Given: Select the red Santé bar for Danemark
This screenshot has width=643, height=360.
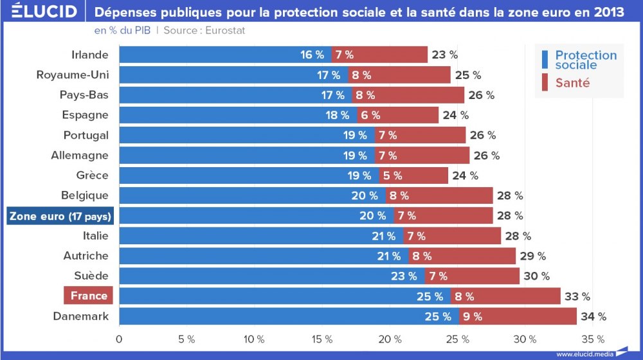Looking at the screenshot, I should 518,316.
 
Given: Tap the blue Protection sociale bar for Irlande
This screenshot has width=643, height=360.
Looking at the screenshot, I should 225,55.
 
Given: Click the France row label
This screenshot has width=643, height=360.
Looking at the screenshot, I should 89,296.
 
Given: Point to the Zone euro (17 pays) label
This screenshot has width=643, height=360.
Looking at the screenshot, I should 60,216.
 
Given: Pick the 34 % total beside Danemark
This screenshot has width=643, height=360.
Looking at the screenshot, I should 593,316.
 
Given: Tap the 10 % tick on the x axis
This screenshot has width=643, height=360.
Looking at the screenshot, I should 255,339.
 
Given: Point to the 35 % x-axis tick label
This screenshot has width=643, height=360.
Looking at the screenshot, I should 593,339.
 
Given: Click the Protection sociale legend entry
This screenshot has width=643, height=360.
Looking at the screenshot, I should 585,60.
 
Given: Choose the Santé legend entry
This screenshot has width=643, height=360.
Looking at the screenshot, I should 572,84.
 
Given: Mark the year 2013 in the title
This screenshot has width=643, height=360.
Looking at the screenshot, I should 608,12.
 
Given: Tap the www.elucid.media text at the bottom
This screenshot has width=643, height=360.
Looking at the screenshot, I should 584,354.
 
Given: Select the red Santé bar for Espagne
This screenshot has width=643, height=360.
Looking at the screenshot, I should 397,115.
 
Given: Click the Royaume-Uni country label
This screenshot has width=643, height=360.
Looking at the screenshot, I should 73,75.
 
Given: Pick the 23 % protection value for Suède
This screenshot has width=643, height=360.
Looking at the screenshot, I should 404,276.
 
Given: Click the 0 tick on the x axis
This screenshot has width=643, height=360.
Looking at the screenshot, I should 119,339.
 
